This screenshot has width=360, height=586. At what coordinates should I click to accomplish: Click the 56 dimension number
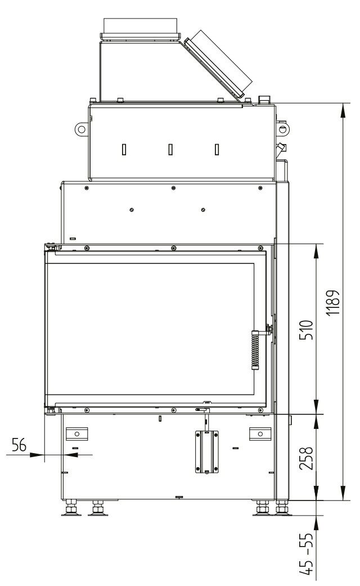tap(20, 445)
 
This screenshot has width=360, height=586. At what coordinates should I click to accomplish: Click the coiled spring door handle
tap(255, 350)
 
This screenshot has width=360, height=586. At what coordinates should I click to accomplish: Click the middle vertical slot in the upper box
tap(170, 150)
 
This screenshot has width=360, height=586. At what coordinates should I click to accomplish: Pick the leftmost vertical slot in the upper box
tap(124, 150)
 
